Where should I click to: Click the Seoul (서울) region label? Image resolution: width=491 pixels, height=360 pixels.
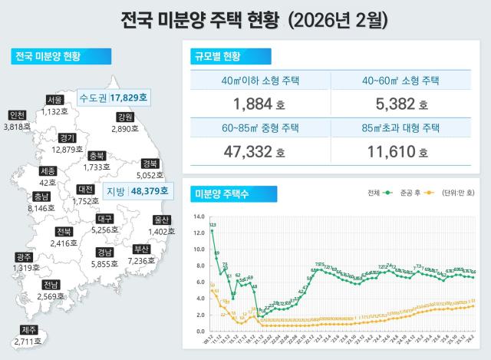54,100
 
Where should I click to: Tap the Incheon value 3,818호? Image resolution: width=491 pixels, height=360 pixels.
17,127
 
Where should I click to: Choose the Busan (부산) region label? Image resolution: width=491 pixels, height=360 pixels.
141,249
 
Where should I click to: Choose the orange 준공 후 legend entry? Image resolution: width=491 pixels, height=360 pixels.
414,192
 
